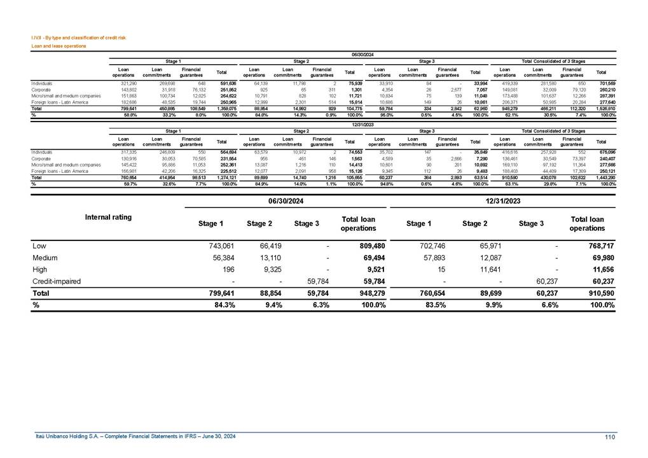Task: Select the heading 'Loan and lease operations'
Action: pyautogui.click(x=59, y=46)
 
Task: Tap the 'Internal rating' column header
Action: pyautogui.click(x=109, y=217)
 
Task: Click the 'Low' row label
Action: pyautogui.click(x=39, y=245)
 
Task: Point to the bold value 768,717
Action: pyautogui.click(x=600, y=245)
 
